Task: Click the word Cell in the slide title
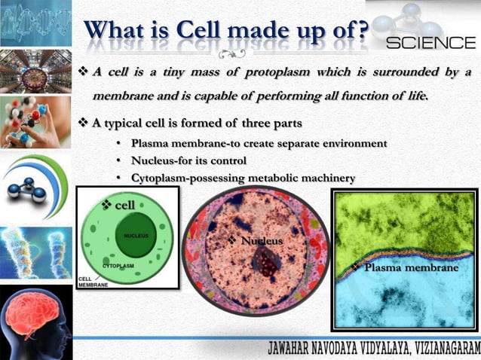point(201,31)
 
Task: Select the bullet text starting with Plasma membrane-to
point(259,143)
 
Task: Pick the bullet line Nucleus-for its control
point(188,160)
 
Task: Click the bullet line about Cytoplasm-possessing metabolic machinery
point(243,178)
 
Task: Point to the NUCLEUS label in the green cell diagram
point(136,236)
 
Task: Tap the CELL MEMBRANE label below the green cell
point(93,282)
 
